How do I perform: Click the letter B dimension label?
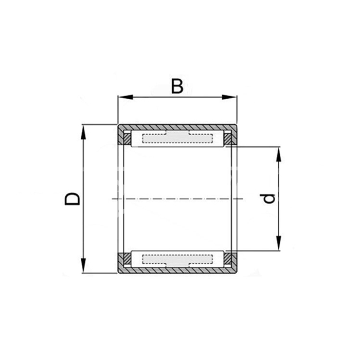(177, 86)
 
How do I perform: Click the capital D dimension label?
(72, 199)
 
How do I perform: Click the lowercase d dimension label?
(267, 199)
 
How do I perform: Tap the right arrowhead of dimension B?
(229, 97)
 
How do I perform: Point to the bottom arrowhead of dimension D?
(83, 265)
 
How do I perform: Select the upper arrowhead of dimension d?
(279, 154)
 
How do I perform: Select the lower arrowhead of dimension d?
(279, 243)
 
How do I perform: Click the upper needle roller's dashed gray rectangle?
(177, 138)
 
